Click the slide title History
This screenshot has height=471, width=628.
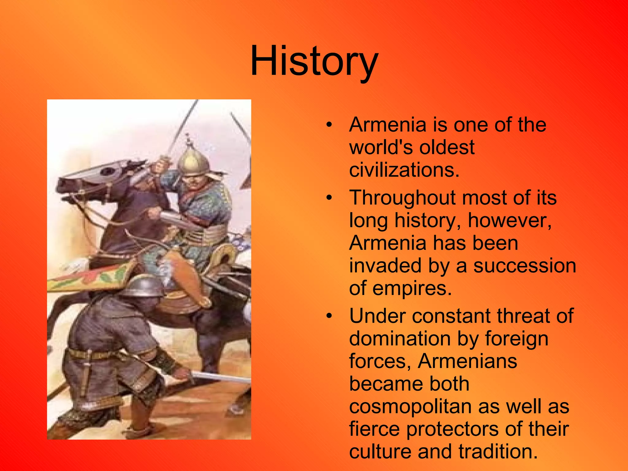(x=314, y=61)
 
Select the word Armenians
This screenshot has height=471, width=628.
(x=467, y=361)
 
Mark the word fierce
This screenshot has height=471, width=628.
(x=374, y=429)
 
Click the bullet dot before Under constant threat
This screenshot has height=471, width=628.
(x=329, y=317)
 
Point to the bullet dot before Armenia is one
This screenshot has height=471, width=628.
(x=329, y=125)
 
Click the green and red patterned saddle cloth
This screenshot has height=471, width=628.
(x=92, y=276)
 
